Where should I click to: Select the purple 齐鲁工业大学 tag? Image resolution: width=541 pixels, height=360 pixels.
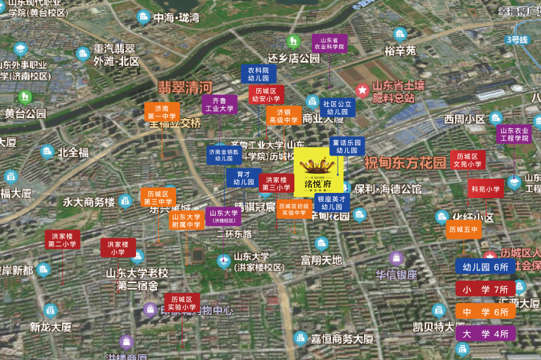click(219, 105)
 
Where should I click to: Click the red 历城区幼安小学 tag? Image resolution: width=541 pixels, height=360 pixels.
click(266, 95)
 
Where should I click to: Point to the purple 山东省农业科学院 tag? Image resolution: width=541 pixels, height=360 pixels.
click(329, 43)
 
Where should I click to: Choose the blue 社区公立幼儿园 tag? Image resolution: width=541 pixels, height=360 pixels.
click(337, 107)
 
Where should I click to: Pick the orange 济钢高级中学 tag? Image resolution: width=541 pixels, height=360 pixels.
click(283, 115)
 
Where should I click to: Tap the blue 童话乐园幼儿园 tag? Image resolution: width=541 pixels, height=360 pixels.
click(347, 146)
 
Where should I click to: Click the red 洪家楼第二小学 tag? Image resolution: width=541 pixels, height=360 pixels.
click(63, 239)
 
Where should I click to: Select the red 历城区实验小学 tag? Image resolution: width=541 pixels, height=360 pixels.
click(182, 303)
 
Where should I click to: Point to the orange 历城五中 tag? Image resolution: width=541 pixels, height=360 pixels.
click(463, 229)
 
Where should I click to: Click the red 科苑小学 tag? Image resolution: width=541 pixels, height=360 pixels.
click(485, 189)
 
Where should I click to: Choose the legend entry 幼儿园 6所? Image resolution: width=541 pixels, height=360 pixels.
click(485, 266)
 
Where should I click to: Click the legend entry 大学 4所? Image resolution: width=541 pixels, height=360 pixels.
click(485, 334)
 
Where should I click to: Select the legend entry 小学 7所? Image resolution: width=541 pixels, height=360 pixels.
click(485, 289)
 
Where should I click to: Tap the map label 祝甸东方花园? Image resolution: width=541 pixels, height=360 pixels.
click(405, 162)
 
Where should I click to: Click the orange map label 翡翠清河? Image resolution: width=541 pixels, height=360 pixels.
click(185, 87)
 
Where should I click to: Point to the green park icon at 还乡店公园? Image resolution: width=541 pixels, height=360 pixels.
click(294, 43)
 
